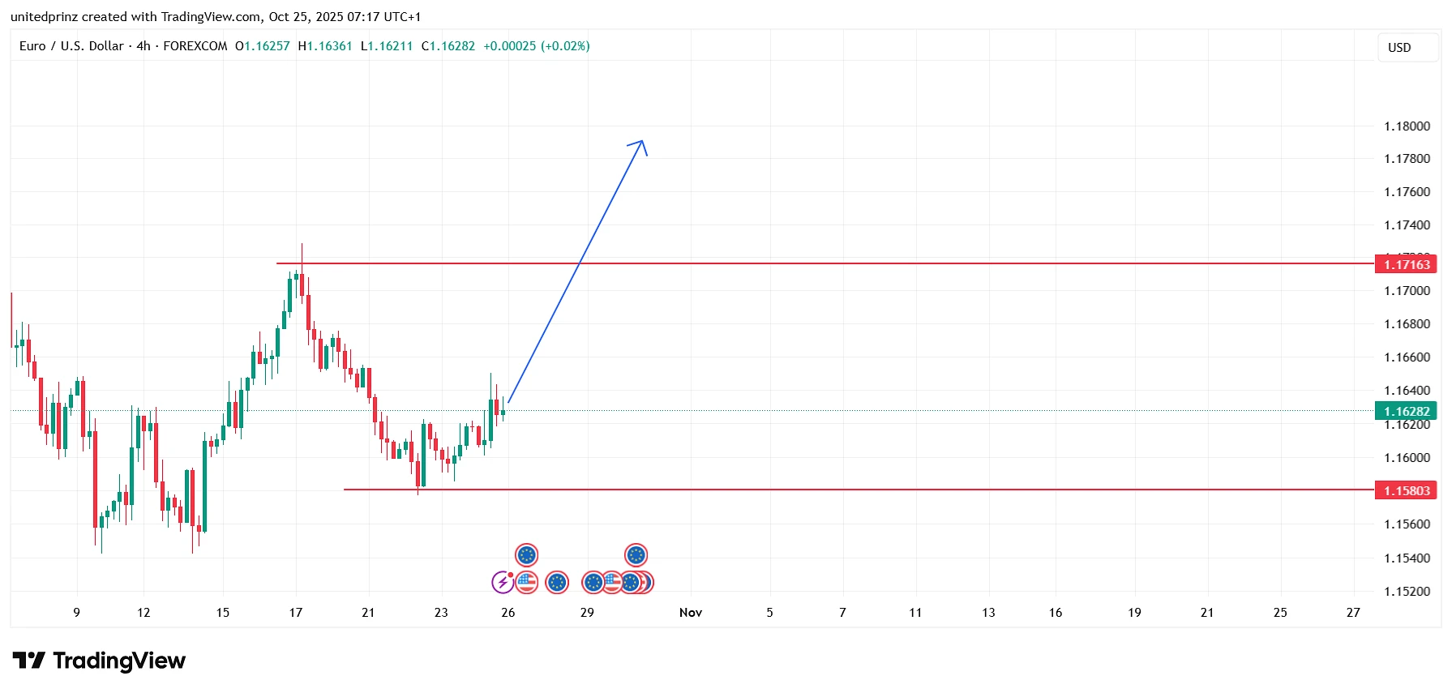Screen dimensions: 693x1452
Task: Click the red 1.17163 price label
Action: coord(1406,264)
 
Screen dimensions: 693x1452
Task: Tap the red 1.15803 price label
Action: coord(1406,490)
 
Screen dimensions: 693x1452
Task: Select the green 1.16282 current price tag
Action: coord(1406,411)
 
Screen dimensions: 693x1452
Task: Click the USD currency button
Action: coord(1399,48)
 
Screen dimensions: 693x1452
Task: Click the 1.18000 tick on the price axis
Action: coord(1407,126)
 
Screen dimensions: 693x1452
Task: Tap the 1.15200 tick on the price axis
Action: coord(1407,592)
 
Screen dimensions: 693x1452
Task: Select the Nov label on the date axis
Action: coord(691,613)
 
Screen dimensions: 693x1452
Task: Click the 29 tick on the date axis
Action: coord(587,613)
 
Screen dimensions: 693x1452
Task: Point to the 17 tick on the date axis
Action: coord(296,613)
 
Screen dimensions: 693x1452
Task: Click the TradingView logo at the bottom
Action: coord(99,661)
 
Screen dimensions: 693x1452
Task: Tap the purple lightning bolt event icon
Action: coord(503,582)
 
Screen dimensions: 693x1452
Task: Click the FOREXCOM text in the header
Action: coord(195,46)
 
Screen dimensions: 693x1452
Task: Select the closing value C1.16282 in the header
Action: coord(448,46)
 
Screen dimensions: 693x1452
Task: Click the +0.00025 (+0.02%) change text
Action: coord(537,46)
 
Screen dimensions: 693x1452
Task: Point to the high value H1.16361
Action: coord(325,46)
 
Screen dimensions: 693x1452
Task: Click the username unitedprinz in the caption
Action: coord(44,17)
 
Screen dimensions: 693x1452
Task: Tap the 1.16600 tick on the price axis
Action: coord(1407,357)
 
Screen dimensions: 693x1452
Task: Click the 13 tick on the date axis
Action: coord(988,613)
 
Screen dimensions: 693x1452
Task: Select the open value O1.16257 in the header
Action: coord(263,46)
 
